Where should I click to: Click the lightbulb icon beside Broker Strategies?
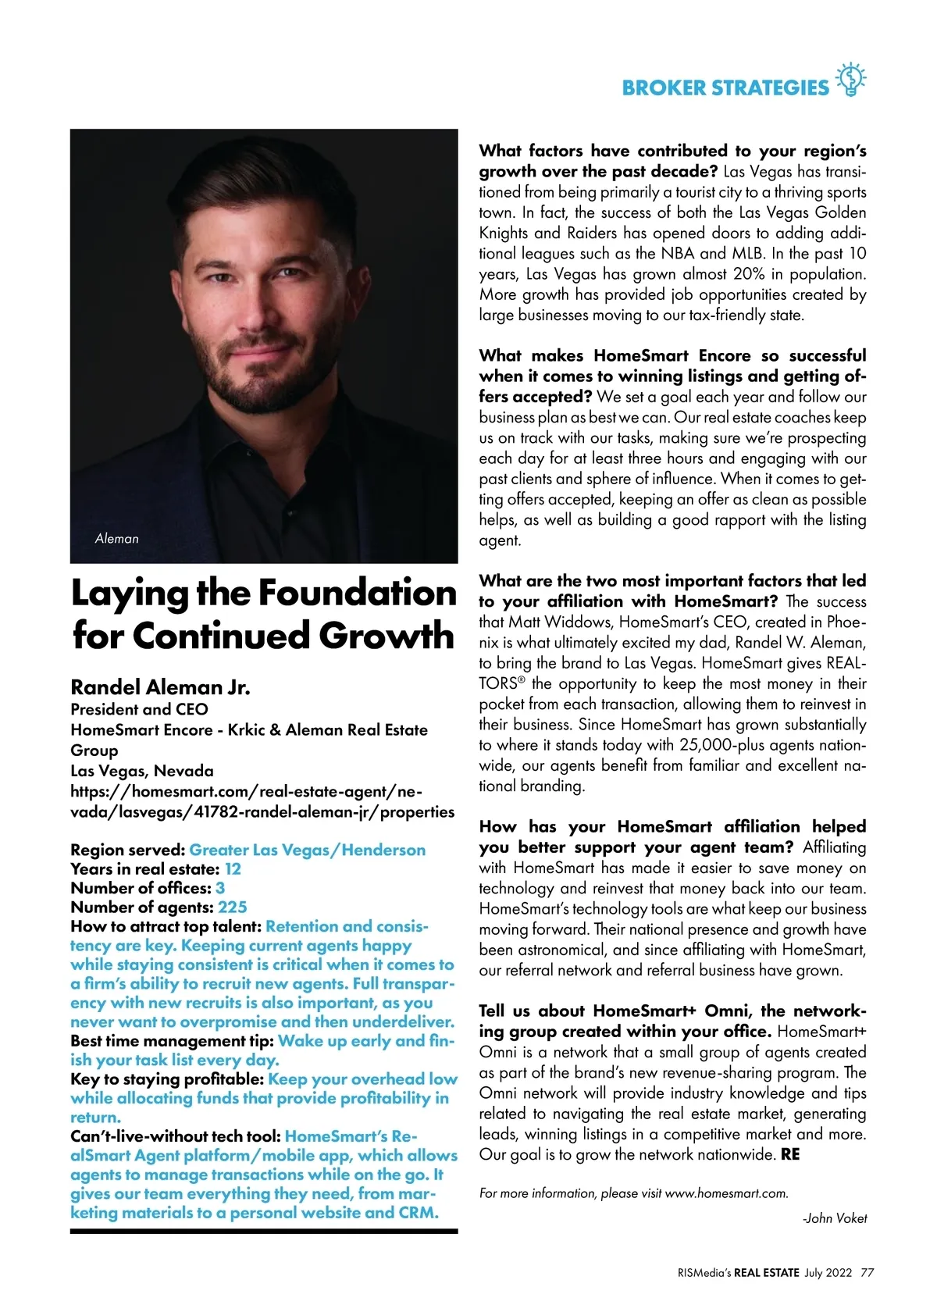pyautogui.click(x=851, y=80)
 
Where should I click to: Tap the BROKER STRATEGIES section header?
pyautogui.click(x=725, y=87)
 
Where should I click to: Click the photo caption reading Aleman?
pyautogui.click(x=116, y=539)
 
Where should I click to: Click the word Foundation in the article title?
pyautogui.click(x=357, y=594)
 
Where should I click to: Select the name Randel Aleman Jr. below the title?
pyautogui.click(x=160, y=687)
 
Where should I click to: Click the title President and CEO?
pyautogui.click(x=139, y=709)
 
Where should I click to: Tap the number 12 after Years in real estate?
pyautogui.click(x=233, y=869)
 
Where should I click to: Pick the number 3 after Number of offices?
pyautogui.click(x=220, y=888)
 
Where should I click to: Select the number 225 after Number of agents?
pyautogui.click(x=233, y=907)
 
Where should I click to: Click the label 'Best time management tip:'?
pyautogui.click(x=172, y=1041)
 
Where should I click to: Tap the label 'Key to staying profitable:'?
pyautogui.click(x=167, y=1079)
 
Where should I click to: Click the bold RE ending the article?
pyautogui.click(x=790, y=1154)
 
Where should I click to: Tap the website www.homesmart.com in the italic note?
pyautogui.click(x=725, y=1193)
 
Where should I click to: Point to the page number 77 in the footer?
pyautogui.click(x=867, y=1272)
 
